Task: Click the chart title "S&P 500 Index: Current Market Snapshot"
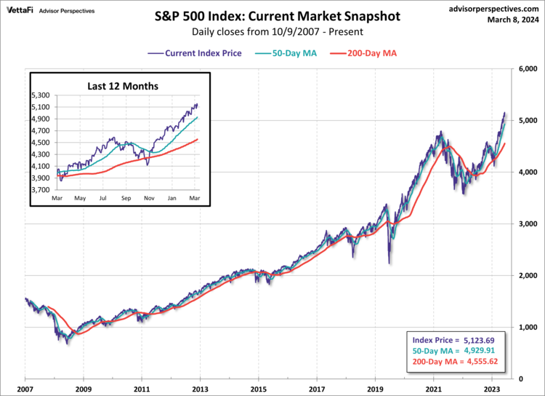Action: [x=272, y=15]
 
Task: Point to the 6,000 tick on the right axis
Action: [x=528, y=69]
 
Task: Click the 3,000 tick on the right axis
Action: [x=528, y=223]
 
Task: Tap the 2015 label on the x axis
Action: [x=259, y=389]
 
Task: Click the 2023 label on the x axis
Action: [x=492, y=389]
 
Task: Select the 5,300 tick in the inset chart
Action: [x=41, y=95]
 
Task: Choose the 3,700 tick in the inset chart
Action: [x=41, y=189]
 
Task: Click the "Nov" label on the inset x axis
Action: [x=149, y=198]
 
